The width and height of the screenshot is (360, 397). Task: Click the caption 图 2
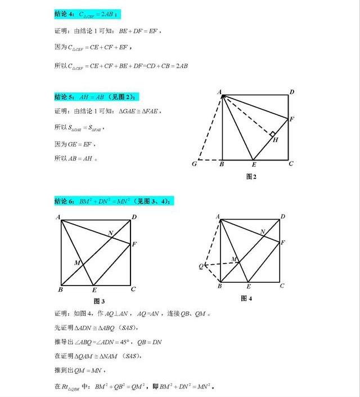[x=251, y=176]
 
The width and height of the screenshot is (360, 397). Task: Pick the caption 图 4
[x=246, y=298]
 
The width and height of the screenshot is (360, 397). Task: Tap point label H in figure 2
[x=276, y=140]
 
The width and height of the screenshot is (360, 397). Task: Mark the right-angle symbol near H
[x=272, y=135]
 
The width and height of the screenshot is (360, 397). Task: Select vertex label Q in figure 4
[x=201, y=266]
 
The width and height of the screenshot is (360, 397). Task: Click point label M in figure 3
[x=77, y=263]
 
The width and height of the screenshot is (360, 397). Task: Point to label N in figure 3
[x=111, y=233]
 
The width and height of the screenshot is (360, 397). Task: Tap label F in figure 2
[x=291, y=119]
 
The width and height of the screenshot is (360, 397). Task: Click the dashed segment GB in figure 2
[x=210, y=160]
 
